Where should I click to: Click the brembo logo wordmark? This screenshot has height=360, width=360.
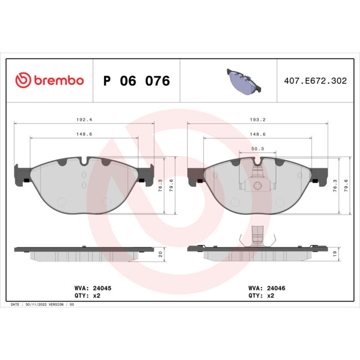(x=49, y=80)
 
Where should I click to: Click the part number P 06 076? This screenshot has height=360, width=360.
(x=137, y=81)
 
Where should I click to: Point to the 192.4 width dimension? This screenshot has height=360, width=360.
(x=84, y=119)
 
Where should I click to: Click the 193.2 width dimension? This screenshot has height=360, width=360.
(x=258, y=119)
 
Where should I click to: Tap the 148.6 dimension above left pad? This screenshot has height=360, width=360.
(x=84, y=133)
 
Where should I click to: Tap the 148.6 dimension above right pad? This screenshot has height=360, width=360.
(x=258, y=133)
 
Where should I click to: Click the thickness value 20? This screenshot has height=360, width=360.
(x=161, y=254)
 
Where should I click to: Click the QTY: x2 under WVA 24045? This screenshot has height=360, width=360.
(x=88, y=296)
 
